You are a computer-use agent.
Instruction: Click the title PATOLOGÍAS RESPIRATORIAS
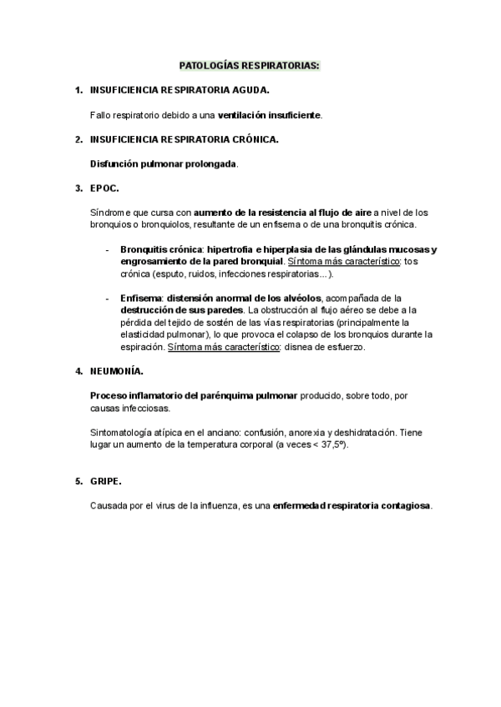250,64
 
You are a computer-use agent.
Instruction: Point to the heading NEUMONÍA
116,369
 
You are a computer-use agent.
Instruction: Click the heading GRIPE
105,481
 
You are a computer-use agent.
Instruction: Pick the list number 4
78,369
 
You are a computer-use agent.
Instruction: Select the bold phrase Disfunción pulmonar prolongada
164,163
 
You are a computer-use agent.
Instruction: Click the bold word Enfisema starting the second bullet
141,298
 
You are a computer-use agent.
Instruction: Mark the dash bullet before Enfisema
108,298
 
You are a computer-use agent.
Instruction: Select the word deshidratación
362,434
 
